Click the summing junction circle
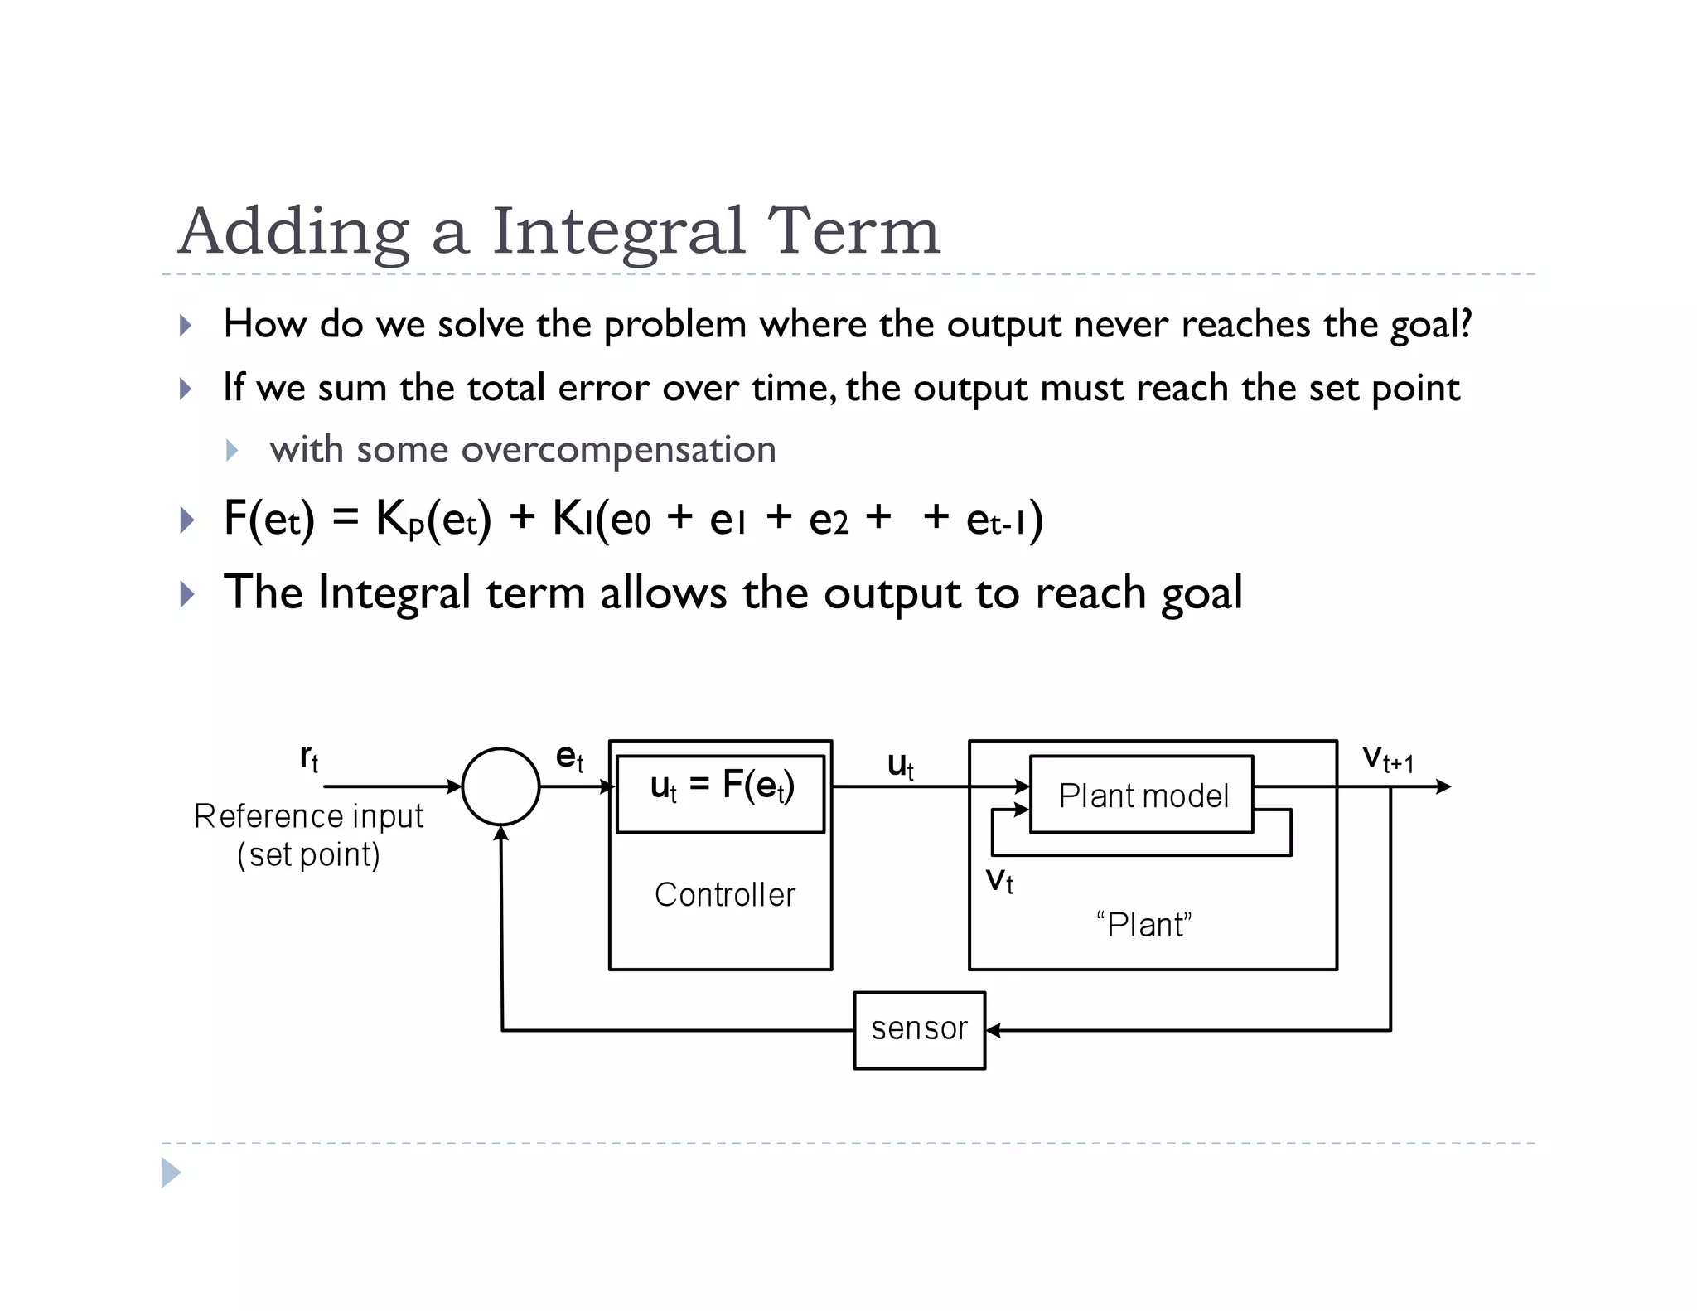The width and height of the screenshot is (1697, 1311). [500, 786]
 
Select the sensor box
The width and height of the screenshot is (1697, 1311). [919, 1030]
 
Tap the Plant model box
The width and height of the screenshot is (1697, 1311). [1142, 795]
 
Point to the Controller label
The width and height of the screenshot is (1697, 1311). [724, 895]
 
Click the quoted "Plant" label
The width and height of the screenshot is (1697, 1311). [1143, 925]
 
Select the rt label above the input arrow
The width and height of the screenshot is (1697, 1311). [309, 757]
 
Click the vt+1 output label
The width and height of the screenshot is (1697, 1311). [1388, 758]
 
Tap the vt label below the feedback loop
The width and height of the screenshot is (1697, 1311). [999, 880]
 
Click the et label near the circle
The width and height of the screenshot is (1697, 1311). [569, 757]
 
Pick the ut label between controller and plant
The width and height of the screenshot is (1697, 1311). [901, 765]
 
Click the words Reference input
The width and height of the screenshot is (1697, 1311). [308, 817]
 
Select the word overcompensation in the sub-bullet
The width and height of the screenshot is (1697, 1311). [618, 450]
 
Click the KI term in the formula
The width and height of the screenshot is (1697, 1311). [570, 520]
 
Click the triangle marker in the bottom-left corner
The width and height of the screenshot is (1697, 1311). [171, 1173]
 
